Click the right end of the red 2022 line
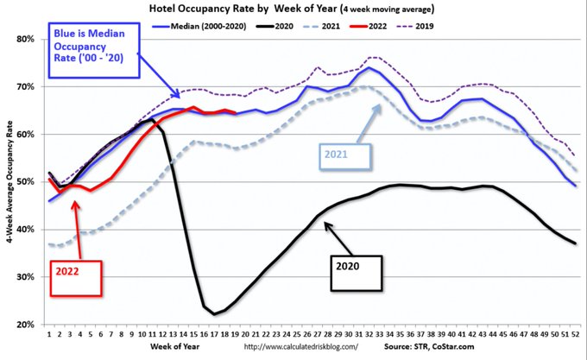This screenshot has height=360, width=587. [236, 113]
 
